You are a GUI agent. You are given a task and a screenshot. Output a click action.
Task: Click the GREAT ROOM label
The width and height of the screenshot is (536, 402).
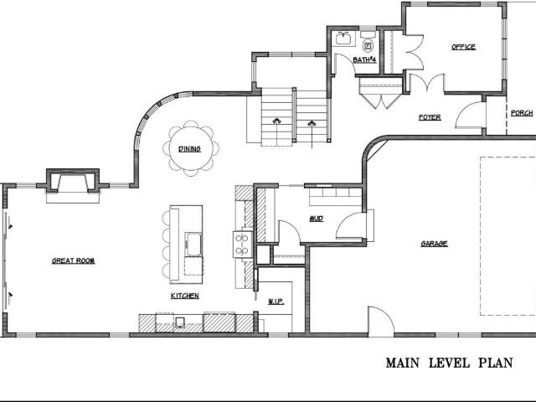(x=73, y=260)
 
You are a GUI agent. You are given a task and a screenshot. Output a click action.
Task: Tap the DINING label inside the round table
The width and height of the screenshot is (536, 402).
(x=190, y=149)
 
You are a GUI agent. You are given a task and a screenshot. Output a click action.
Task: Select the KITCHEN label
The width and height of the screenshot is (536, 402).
(x=184, y=296)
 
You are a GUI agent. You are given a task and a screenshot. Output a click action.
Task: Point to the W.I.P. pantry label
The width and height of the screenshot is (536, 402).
(x=276, y=301)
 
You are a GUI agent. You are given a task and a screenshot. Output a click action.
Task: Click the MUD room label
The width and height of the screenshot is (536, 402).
(x=317, y=219)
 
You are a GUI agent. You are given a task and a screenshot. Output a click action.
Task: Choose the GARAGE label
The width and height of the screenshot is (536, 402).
(x=434, y=244)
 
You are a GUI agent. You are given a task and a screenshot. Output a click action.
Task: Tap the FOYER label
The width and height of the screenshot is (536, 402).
(x=430, y=117)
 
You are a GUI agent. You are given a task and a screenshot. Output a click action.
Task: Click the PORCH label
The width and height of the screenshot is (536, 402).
(x=522, y=113)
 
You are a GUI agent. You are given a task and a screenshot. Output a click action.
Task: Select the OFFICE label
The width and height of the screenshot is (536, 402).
(x=463, y=47)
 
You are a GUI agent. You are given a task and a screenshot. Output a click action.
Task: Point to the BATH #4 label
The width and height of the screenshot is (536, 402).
(x=364, y=59)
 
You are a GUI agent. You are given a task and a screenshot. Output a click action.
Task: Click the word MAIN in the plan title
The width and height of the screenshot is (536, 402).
(x=403, y=363)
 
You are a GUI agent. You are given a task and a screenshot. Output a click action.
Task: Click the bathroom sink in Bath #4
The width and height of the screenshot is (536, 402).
(x=343, y=39)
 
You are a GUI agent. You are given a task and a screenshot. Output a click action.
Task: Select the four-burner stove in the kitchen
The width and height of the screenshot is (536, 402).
(x=242, y=245)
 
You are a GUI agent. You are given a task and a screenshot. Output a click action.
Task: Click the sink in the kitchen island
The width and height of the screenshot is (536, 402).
(x=193, y=244)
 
